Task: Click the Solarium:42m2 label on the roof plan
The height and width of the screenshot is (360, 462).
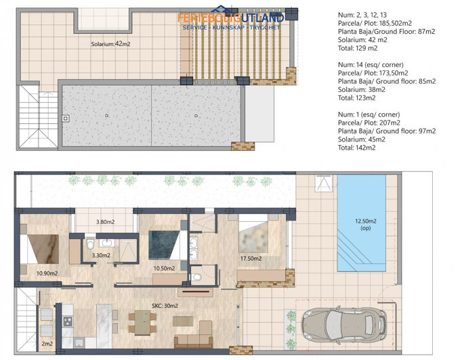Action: tap(110, 44)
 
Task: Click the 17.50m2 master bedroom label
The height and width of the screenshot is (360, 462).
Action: tap(251, 258)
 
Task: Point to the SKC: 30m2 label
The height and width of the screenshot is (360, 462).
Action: tap(165, 306)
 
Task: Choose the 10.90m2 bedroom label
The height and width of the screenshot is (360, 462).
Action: tap(47, 273)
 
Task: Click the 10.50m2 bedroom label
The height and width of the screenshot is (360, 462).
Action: tap(164, 268)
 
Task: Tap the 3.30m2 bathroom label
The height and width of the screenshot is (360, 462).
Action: tap(101, 255)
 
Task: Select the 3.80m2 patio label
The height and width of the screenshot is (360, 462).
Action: tap(105, 222)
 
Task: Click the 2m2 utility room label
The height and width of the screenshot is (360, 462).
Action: tap(47, 344)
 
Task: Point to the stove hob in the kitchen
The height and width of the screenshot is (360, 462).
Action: tap(68, 321)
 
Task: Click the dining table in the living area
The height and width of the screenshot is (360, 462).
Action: tap(143, 322)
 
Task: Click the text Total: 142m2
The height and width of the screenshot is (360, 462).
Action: tap(357, 148)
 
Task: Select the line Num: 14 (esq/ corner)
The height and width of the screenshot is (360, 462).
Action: tap(371, 65)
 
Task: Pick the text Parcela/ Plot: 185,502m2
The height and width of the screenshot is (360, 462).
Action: tap(375, 23)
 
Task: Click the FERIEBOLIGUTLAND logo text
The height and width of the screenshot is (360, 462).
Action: tap(231, 18)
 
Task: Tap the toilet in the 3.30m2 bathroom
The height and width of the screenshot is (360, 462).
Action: tap(90, 244)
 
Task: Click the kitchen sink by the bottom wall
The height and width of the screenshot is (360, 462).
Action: tap(79, 342)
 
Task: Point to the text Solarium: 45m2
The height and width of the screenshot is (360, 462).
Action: tap(362, 139)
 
